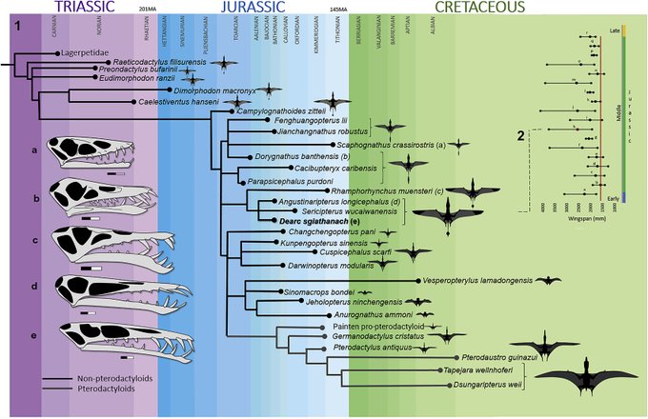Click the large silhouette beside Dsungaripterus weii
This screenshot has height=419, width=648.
581,376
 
